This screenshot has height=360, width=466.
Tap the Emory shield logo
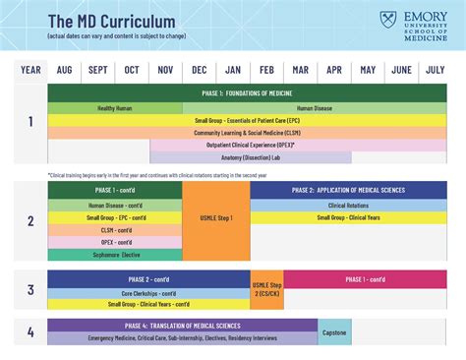click(x=387, y=22)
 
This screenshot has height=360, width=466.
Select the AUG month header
click(x=64, y=70)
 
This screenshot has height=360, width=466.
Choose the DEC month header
click(x=200, y=70)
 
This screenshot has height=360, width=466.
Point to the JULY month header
click(x=434, y=70)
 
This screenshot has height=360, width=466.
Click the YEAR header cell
click(x=30, y=70)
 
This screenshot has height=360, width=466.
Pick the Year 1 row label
click(x=30, y=122)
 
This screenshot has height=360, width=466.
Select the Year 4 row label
click(x=30, y=332)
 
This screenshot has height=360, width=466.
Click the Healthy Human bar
click(x=115, y=107)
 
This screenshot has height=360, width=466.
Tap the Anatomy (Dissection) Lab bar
click(x=251, y=156)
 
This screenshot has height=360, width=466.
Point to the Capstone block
click(x=334, y=332)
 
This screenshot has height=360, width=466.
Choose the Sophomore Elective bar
click(x=115, y=255)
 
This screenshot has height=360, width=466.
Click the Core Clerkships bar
click(x=148, y=292)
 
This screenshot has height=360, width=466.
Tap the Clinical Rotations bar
click(x=349, y=206)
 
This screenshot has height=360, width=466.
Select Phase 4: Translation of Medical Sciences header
click(x=183, y=326)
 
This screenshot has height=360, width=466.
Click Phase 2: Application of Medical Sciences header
click(x=349, y=190)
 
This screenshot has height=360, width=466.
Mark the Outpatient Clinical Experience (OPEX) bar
click(x=251, y=144)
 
